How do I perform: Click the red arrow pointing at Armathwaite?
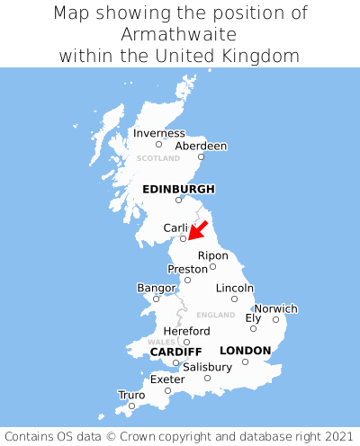click(197, 229)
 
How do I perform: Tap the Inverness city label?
click(158, 133)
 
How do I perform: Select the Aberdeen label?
click(201, 146)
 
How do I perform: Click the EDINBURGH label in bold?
click(178, 189)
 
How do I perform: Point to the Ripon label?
click(213, 255)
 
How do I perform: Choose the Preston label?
click(187, 269)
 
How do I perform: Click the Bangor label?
click(156, 288)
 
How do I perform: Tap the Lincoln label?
click(235, 288)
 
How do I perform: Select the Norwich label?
click(275, 308)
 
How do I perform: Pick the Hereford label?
click(186, 331)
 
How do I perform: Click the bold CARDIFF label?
click(175, 351)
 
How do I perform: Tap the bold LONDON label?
click(245, 350)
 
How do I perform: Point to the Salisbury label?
click(207, 367)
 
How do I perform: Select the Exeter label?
click(167, 379)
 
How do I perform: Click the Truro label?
click(131, 395)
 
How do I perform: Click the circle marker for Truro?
click(131, 406)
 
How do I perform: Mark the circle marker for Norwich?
click(275, 319)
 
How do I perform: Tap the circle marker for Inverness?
click(158, 144)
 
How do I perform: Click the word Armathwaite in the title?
click(179, 34)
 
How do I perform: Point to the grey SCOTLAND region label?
click(158, 158)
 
